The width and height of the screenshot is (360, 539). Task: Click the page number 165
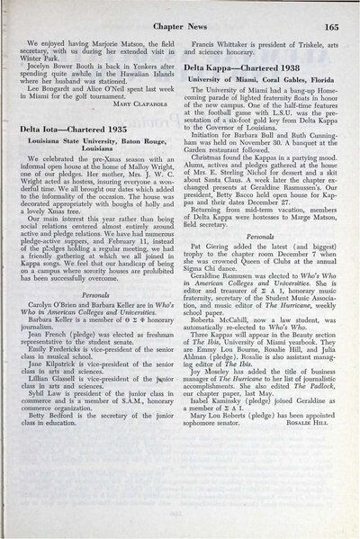[x=331, y=27]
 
